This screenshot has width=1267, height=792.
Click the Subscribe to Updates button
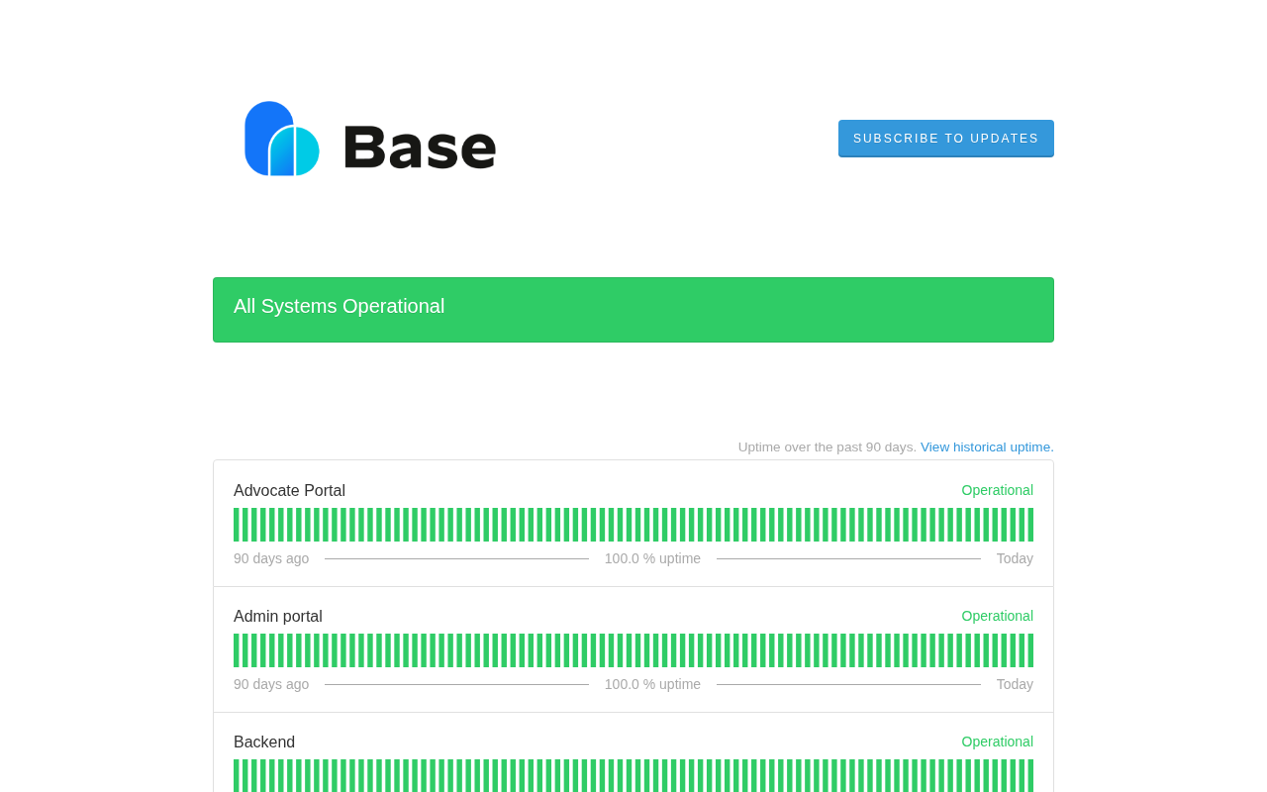tap(945, 139)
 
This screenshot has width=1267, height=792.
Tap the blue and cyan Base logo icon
tap(282, 139)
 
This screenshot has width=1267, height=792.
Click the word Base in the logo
tap(421, 148)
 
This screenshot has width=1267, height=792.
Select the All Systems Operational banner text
tap(339, 306)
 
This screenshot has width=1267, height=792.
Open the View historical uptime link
tap(987, 446)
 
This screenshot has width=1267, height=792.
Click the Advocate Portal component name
tap(289, 490)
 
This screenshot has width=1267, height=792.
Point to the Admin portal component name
tap(278, 616)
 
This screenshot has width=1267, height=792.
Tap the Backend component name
tap(264, 742)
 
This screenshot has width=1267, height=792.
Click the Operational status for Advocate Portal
tap(997, 490)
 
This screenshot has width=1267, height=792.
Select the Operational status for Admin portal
tap(997, 616)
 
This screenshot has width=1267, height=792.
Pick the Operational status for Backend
tap(997, 742)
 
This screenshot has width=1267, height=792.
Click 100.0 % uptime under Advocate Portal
tap(652, 558)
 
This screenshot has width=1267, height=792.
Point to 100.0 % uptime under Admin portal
tap(652, 684)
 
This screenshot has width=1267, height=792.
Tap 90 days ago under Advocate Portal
tap(271, 558)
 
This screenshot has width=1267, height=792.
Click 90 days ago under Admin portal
tap(271, 684)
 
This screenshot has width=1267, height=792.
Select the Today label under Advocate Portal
tap(1015, 558)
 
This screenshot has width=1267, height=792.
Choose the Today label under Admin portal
tap(1015, 684)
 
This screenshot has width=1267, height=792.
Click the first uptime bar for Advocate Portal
tap(237, 525)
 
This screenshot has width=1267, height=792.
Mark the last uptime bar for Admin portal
tap(1030, 650)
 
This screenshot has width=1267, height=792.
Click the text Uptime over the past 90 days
tap(827, 446)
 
